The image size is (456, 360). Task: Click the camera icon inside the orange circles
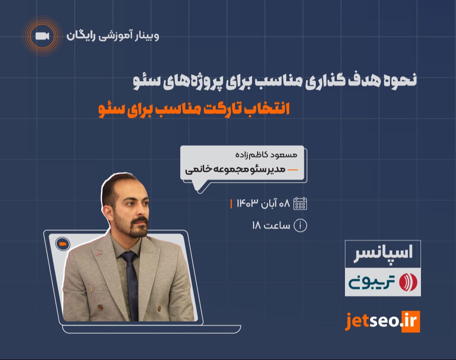pyautogui.click(x=42, y=36)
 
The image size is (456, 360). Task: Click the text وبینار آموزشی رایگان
pyautogui.click(x=113, y=36)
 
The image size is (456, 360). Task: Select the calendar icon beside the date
pyautogui.click(x=300, y=203)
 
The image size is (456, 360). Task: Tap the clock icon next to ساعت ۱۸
pyautogui.click(x=300, y=225)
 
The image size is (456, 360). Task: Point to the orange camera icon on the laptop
pyautogui.click(x=62, y=244)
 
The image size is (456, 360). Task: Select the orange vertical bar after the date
pyautogui.click(x=231, y=203)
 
